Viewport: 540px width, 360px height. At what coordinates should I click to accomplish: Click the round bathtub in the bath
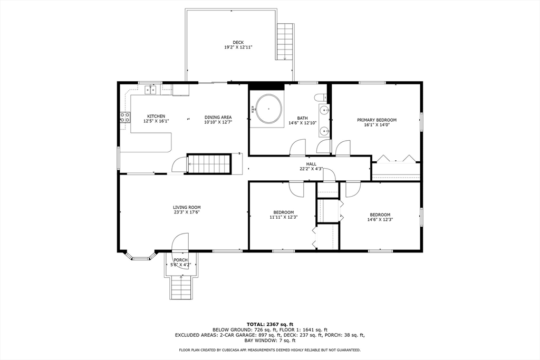(268, 109)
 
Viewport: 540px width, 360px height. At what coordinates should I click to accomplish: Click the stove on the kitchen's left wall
(125, 118)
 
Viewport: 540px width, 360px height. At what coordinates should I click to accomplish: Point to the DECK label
(238, 43)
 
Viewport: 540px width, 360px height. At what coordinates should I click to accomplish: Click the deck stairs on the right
(285, 42)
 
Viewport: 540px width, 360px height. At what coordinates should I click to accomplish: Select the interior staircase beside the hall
(210, 163)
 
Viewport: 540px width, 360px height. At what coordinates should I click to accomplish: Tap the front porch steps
(180, 288)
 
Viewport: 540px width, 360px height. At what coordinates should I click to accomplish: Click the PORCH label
(180, 260)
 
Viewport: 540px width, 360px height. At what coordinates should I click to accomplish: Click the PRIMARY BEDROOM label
(377, 120)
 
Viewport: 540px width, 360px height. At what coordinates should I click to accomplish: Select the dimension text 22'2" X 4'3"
(311, 169)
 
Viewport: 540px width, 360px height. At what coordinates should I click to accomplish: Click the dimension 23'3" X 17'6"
(187, 212)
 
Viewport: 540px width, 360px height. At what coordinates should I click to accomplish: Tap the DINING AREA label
(218, 117)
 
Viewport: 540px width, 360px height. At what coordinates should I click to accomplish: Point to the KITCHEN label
(156, 116)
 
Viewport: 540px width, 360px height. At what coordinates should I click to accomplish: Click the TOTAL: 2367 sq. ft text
(269, 324)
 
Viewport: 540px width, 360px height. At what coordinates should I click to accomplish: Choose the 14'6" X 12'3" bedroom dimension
(380, 220)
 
